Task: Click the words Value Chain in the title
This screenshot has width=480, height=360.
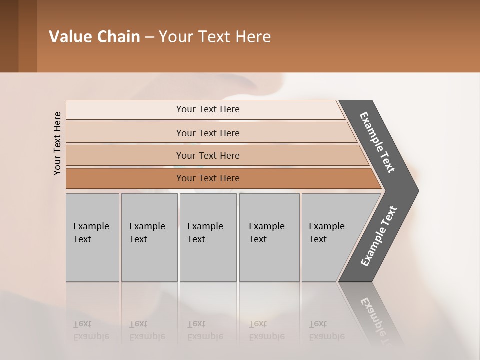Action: coord(94,37)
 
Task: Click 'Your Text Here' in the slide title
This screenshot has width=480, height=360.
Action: coord(215,37)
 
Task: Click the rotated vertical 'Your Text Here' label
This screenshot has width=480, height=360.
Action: coord(57,143)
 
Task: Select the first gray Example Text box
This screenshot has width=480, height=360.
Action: coord(92,237)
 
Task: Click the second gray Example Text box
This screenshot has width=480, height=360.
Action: coord(149,237)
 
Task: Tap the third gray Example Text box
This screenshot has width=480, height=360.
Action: coord(208,237)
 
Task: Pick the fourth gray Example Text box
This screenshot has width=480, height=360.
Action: coord(269,237)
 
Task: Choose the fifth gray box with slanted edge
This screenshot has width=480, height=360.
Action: coord(330,237)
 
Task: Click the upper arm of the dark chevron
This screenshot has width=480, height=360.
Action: coord(378,142)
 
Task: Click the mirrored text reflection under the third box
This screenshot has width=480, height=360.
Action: coord(205,330)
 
